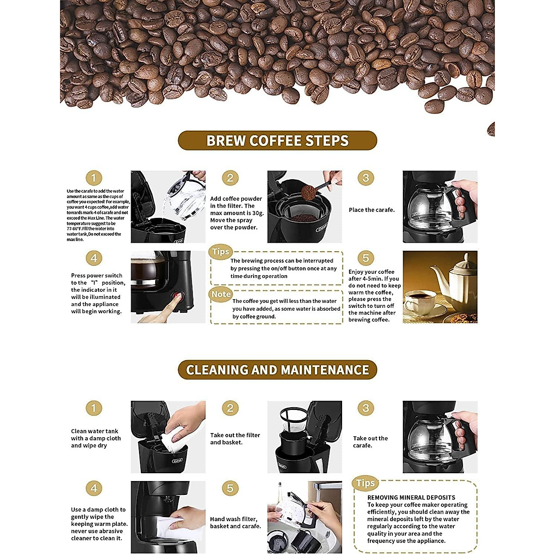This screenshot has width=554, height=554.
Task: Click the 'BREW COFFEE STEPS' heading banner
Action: pos(277,140)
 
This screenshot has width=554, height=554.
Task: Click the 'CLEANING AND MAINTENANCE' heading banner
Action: pos(277,370)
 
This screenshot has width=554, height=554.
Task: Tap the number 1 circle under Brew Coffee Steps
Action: pos(94,178)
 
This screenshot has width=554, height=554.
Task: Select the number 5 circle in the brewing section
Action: pos(366,258)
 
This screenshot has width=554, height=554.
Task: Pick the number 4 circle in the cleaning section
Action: pos(94,488)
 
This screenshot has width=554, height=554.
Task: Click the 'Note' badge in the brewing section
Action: pos(221,294)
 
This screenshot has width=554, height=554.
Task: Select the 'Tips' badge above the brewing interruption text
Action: pos(221,252)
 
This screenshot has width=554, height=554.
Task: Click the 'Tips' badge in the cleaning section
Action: pos(365,483)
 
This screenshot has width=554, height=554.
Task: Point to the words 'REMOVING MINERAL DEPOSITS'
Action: pos(411,497)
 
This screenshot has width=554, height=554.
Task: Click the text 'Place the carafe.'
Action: pos(372,210)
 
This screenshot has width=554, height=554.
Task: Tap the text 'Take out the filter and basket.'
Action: pos(235,439)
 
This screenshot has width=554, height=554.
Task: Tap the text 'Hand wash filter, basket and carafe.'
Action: pos(235,523)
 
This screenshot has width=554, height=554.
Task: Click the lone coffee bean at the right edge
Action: pos(491,129)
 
